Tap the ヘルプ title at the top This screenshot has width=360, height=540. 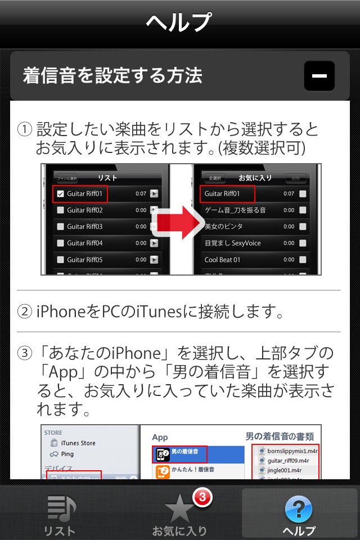(x=179, y=23)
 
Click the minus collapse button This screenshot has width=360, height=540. (x=319, y=76)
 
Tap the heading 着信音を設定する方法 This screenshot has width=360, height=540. (x=112, y=76)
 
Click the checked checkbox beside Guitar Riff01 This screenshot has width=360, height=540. (x=61, y=193)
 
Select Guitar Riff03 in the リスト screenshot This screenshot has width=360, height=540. (x=84, y=227)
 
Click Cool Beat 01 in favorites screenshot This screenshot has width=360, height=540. (x=222, y=260)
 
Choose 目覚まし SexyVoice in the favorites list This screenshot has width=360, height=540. (x=232, y=244)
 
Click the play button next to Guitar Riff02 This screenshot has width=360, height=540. (x=154, y=210)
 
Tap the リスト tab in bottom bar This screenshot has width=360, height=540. (x=60, y=515)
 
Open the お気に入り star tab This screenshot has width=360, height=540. (x=179, y=515)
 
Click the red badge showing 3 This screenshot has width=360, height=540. (x=203, y=497)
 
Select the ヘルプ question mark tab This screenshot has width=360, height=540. (x=299, y=515)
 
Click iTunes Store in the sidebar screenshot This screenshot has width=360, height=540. (x=78, y=443)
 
